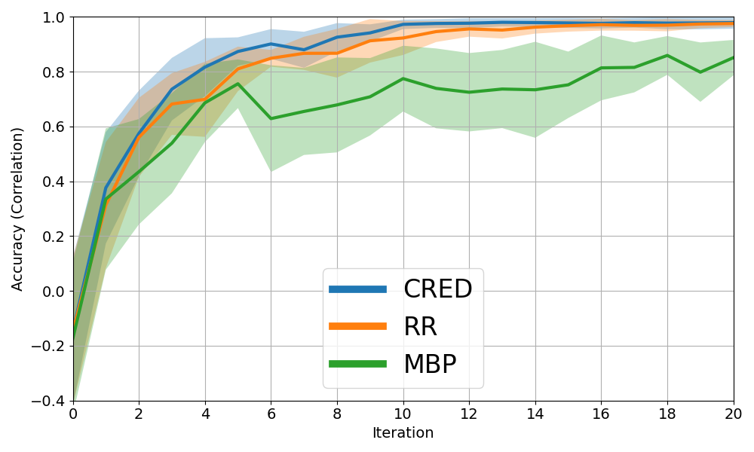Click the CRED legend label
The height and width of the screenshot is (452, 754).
coord(437,289)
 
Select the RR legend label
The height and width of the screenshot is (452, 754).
coord(420,327)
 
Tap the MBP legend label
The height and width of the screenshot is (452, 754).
coord(430,365)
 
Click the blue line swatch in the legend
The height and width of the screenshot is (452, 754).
coord(358,289)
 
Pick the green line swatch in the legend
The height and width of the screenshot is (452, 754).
coord(358,365)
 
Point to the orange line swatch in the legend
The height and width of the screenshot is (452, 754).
coord(358,327)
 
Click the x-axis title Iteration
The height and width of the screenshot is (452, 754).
coord(403,433)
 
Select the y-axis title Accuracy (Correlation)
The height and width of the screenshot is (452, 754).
coord(18,209)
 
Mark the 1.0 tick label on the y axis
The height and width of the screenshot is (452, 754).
coord(53,17)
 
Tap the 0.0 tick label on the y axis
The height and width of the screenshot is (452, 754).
coord(53,292)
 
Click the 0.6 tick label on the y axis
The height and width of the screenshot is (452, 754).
coord(53,127)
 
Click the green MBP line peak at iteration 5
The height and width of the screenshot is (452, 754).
coord(238,84)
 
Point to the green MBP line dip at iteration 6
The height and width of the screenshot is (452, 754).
coord(271,118)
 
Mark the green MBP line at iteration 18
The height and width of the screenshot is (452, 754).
coord(667,55)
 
